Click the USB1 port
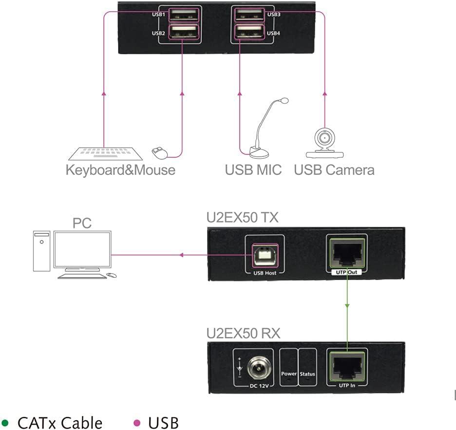click(x=183, y=14)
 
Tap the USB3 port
click(x=249, y=14)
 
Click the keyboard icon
click(x=105, y=153)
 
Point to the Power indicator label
click(x=289, y=374)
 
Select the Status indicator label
click(x=307, y=374)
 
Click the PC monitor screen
click(x=82, y=250)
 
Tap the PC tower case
click(x=42, y=251)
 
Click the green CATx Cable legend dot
click(x=6, y=422)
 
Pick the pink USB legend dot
click(x=137, y=422)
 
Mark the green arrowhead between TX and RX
click(x=347, y=305)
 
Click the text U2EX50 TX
click(x=242, y=217)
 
